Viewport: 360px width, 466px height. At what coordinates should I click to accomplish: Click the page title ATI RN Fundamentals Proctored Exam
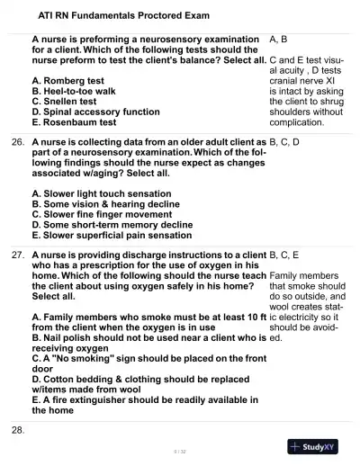click(x=111, y=15)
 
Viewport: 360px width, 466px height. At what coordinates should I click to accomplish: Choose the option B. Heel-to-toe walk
click(x=79, y=91)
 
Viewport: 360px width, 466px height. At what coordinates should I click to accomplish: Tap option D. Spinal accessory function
click(x=95, y=112)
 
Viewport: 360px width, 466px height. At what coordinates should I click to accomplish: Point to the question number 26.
click(x=17, y=143)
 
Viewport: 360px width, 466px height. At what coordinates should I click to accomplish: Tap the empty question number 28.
click(x=17, y=431)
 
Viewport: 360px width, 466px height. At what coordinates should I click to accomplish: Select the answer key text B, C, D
click(x=284, y=143)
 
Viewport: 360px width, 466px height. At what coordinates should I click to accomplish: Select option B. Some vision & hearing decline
click(x=105, y=204)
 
